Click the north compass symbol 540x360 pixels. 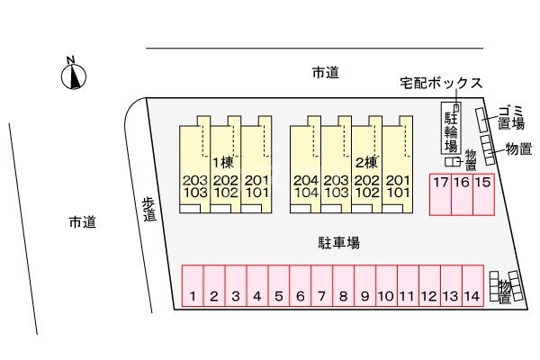[x=72, y=76]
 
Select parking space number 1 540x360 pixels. [x=193, y=287]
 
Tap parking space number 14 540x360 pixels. [x=472, y=287]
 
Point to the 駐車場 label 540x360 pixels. [x=338, y=242]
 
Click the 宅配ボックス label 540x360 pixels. [x=441, y=83]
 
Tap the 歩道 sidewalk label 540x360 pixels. [x=149, y=209]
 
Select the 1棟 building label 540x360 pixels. [x=222, y=163]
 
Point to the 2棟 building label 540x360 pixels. [x=365, y=163]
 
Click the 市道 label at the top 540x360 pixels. [x=325, y=73]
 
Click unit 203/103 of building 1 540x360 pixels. [x=195, y=186]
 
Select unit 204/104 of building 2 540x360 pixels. [x=305, y=186]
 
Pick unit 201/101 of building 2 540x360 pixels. [x=397, y=186]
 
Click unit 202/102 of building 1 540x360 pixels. [x=226, y=186]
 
